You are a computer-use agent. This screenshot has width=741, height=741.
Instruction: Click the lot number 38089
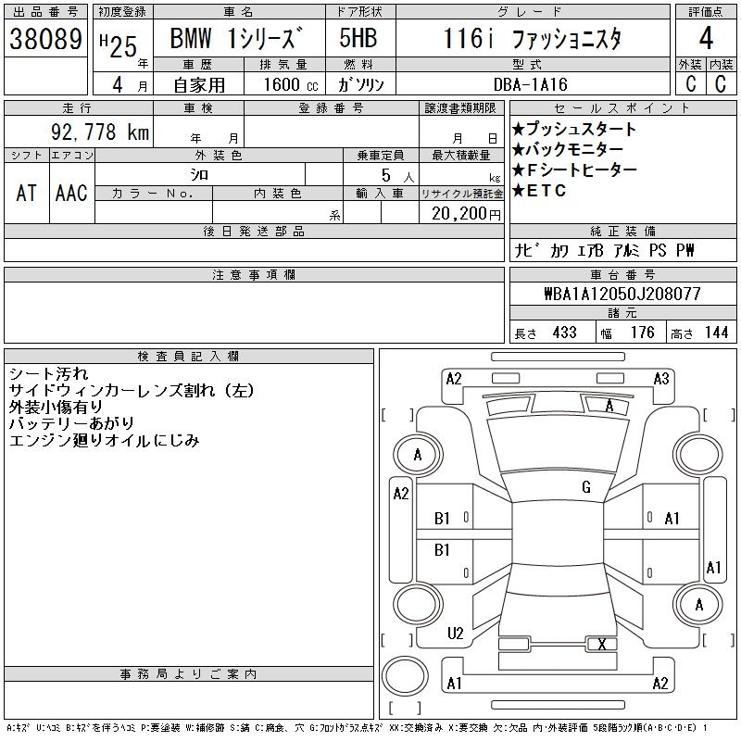[45, 39]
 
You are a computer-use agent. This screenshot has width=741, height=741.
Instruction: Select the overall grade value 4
[706, 38]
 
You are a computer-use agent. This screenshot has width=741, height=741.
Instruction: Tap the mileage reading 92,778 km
[100, 132]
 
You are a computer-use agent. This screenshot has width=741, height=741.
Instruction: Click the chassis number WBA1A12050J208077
[622, 294]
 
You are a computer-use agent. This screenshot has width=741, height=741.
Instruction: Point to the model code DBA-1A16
[530, 84]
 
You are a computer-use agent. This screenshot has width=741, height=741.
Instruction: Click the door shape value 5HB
[358, 38]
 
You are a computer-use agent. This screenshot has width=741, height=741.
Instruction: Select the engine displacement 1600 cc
[290, 84]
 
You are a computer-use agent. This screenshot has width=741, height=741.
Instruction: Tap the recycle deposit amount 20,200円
[467, 214]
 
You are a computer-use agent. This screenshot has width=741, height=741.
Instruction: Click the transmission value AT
[27, 193]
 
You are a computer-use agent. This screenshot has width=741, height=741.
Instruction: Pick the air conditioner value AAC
[71, 193]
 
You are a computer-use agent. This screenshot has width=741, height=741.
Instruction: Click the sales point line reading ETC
[539, 191]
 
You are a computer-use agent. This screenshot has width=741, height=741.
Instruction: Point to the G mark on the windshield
[586, 487]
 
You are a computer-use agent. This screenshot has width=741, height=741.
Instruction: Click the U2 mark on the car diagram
[455, 634]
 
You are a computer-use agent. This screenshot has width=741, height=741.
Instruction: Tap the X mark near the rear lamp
[601, 644]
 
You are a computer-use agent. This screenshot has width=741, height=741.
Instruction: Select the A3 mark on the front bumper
[661, 379]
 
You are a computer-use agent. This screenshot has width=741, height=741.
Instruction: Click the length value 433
[565, 333]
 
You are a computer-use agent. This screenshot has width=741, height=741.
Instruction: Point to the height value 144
[716, 333]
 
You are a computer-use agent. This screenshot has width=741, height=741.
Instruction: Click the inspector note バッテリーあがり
[72, 423]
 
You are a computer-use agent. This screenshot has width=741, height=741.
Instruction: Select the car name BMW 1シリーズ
[236, 38]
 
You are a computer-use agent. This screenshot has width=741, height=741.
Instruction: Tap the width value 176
[643, 333]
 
